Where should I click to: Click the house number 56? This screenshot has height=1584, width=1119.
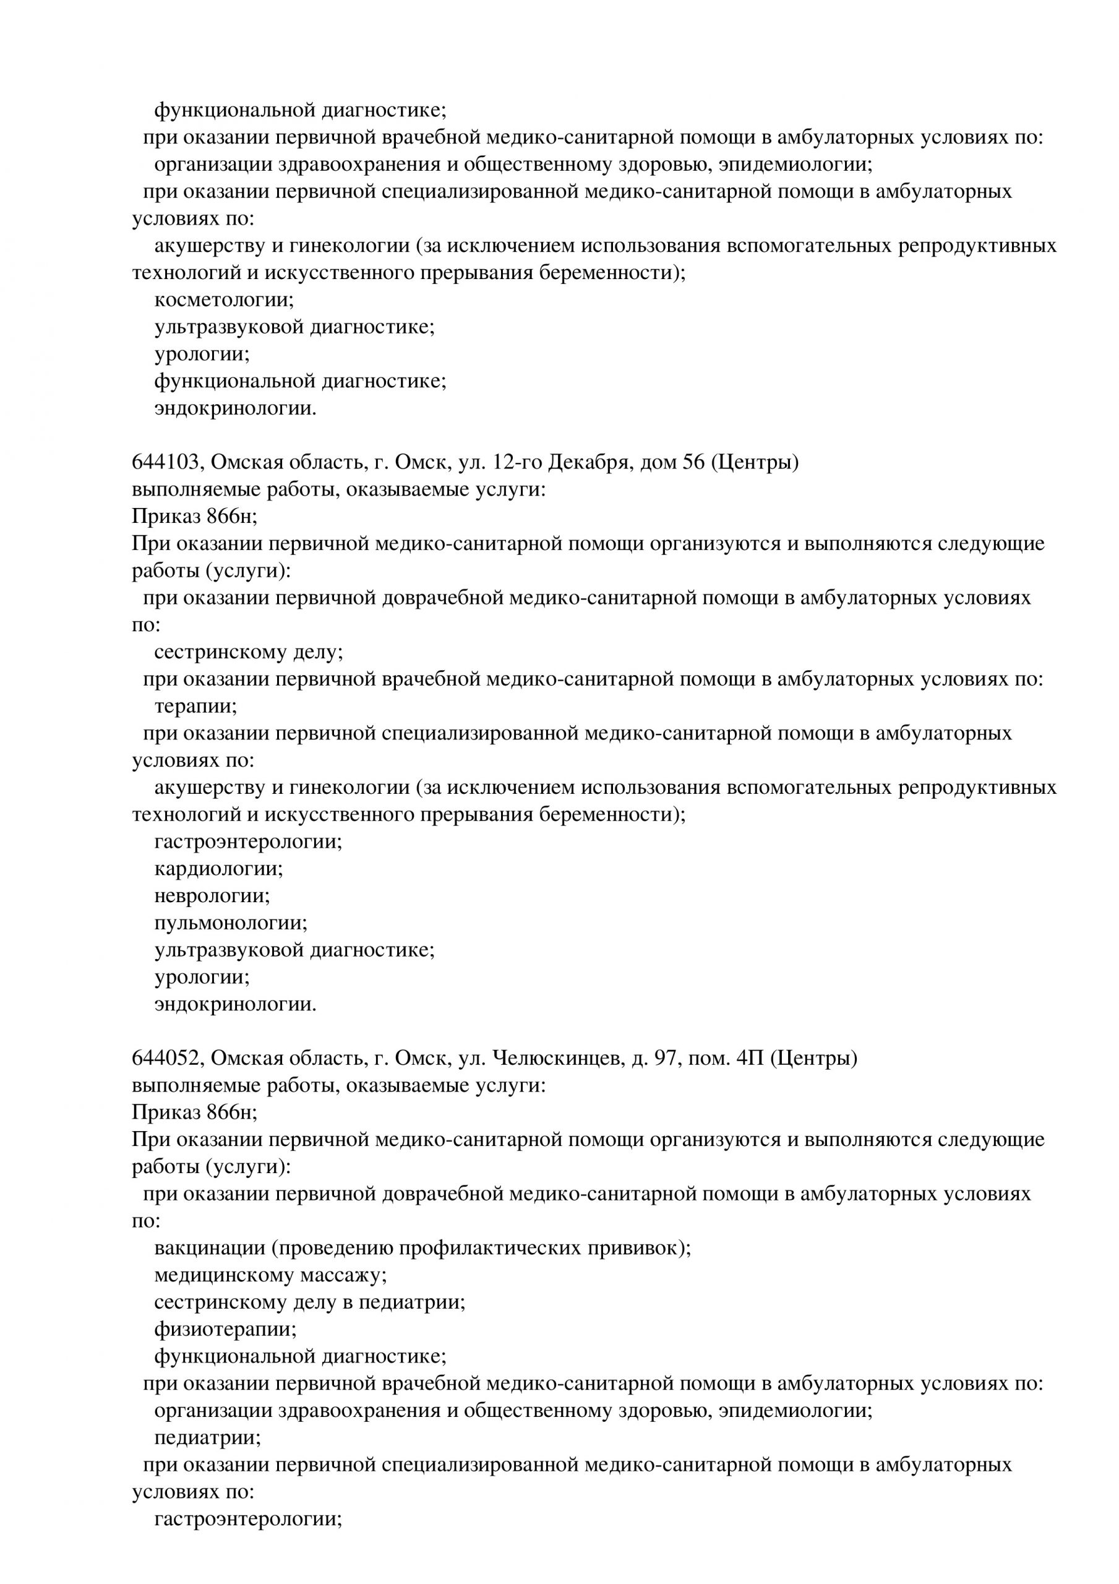pyautogui.click(x=693, y=462)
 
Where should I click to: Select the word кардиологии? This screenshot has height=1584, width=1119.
pyautogui.click(x=218, y=869)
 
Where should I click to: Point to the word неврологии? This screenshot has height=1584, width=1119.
pyautogui.click(x=212, y=895)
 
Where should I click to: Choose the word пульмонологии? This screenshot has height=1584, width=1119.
pyautogui.click(x=231, y=923)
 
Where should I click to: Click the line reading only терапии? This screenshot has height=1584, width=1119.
pyautogui.click(x=195, y=707)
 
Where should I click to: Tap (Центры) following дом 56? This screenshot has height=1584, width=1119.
pyautogui.click(x=754, y=462)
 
